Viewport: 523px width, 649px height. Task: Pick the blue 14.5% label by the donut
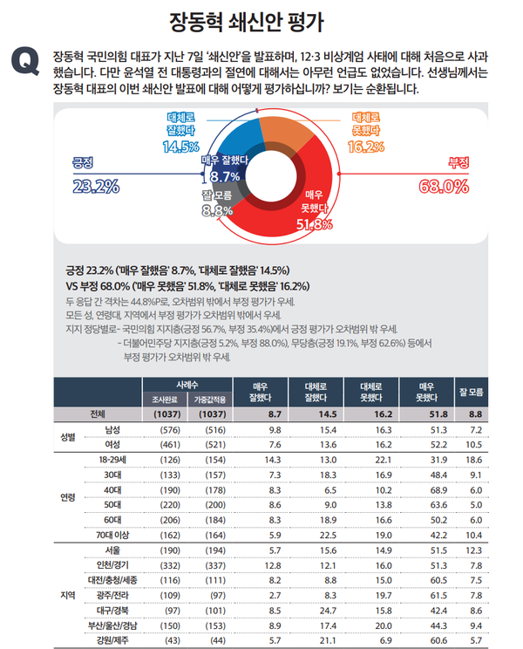(x=181, y=146)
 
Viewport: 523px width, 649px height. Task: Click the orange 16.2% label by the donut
(x=365, y=146)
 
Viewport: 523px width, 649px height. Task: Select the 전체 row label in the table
(x=96, y=414)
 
